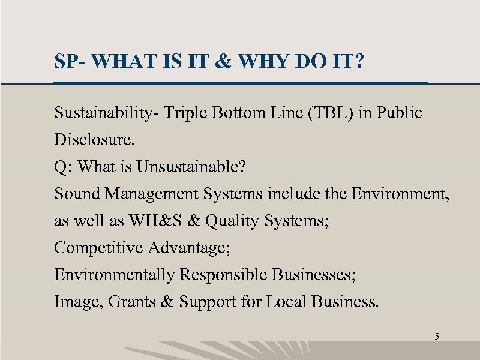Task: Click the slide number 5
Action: pyautogui.click(x=437, y=337)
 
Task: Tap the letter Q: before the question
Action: pyautogui.click(x=62, y=167)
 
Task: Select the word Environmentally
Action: pyautogui.click(x=114, y=275)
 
